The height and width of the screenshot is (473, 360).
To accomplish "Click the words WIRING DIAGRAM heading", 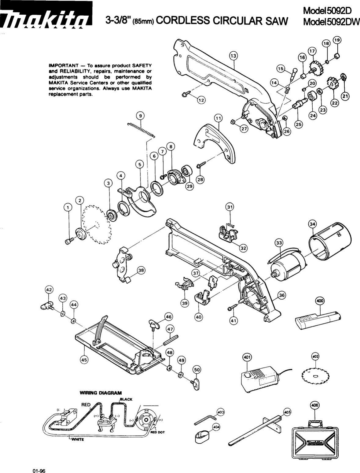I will point(101,393).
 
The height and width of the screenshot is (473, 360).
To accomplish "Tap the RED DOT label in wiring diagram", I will point(158,432).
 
